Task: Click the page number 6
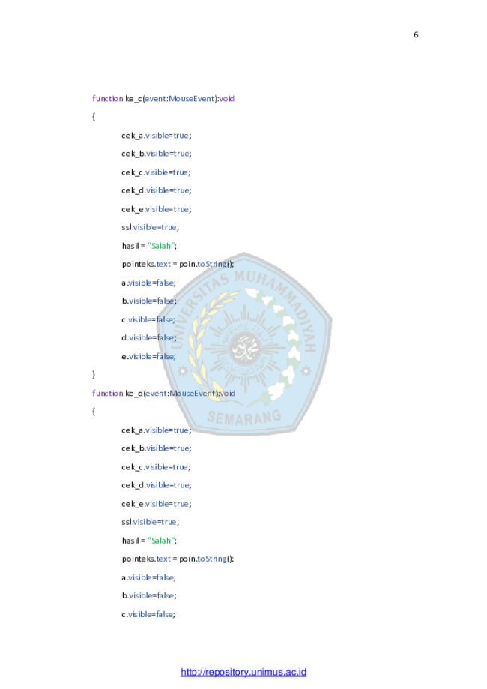[416, 34]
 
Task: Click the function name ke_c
[133, 99]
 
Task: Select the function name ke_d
[134, 394]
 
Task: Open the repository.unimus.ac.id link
[243, 672]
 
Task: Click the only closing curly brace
[94, 374]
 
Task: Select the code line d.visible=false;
[149, 337]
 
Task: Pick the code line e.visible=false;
[148, 356]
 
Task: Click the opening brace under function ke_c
[94, 117]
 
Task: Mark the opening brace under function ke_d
[94, 412]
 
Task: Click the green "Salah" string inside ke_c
[161, 246]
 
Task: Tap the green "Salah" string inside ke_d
[161, 541]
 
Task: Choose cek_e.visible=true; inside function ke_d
[157, 504]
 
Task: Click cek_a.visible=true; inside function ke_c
[157, 136]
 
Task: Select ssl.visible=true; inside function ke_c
[150, 227]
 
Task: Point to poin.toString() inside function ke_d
[206, 559]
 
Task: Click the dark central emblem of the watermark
[244, 348]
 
